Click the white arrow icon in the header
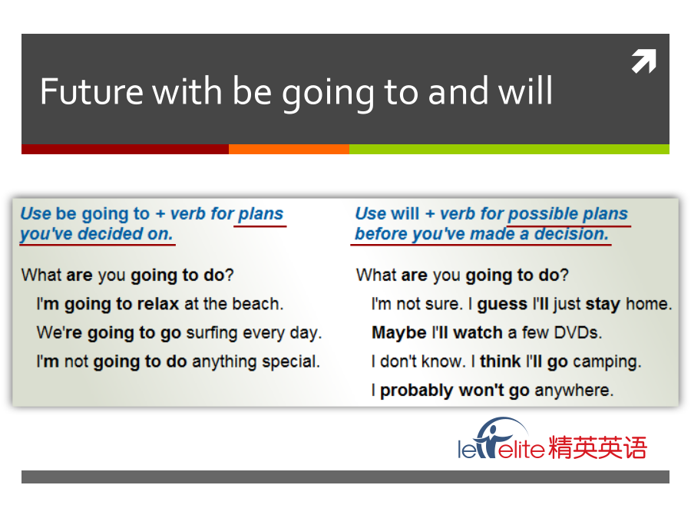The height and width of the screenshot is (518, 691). (x=644, y=61)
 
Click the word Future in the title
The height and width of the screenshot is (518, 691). (x=91, y=91)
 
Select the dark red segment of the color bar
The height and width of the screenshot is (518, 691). (x=125, y=149)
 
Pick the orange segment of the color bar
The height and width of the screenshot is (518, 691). (x=289, y=149)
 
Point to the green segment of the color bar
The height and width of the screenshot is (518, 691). (x=510, y=149)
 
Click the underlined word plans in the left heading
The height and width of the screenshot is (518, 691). (x=261, y=214)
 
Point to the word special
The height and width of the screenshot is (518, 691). (x=291, y=361)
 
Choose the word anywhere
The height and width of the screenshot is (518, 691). (x=574, y=391)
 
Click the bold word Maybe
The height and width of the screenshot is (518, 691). (x=399, y=333)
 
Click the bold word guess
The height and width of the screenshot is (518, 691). (x=502, y=305)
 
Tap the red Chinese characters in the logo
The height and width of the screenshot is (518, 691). (x=597, y=447)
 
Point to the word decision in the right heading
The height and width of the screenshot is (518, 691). (x=571, y=234)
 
